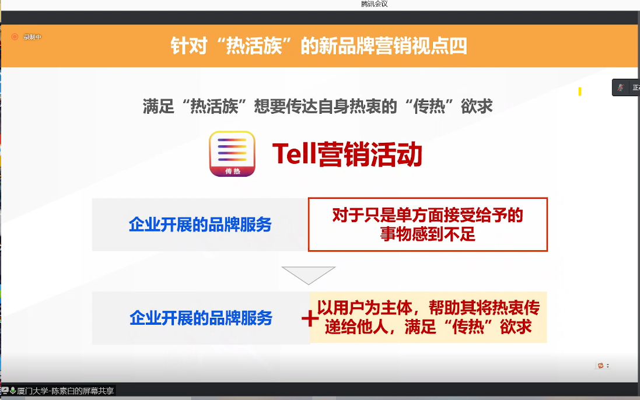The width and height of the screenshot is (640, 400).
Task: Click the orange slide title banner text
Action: point(319,45)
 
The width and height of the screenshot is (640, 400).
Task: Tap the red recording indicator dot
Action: point(15,37)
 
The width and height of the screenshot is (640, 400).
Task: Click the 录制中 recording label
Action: point(32,37)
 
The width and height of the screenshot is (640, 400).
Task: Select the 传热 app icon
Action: point(232,154)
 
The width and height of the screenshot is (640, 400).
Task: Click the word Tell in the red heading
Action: point(294,154)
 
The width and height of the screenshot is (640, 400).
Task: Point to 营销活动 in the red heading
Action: point(370,155)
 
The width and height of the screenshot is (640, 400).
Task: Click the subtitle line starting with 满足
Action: point(317,107)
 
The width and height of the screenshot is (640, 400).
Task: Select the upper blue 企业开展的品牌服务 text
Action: point(200,224)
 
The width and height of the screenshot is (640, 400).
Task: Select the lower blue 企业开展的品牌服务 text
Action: point(201,318)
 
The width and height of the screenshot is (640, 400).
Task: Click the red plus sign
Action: point(310,318)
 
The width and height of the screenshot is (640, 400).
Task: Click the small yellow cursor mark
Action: point(579,92)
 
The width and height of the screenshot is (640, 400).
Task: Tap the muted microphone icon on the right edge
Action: point(620,87)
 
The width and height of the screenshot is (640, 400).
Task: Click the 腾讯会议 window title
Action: point(375,4)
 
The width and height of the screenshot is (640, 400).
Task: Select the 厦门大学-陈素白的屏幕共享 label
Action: point(65,391)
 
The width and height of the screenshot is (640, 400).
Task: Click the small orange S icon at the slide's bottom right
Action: point(600,366)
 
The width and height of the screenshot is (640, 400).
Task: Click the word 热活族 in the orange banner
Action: point(254,45)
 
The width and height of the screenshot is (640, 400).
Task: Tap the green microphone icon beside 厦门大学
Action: point(13,391)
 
